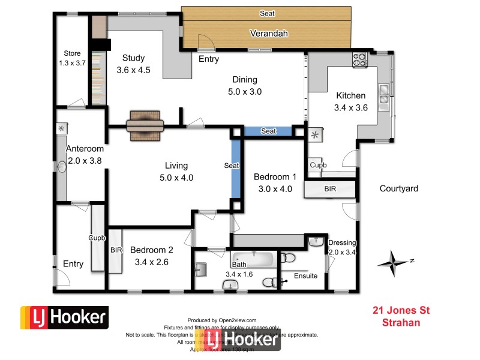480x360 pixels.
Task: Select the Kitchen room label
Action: click(x=350, y=96)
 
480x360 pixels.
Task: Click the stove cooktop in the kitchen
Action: click(x=359, y=60)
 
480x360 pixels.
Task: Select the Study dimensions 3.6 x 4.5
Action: click(x=133, y=70)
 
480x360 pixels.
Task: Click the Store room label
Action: click(x=72, y=53)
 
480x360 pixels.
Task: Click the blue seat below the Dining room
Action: click(x=268, y=131)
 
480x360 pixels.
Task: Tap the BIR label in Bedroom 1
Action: click(x=330, y=188)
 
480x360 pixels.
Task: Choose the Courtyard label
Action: click(x=398, y=188)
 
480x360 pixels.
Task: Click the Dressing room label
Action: click(x=342, y=243)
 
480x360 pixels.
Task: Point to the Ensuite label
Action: click(x=305, y=276)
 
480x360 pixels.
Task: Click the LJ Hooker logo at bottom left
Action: click(x=64, y=317)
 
